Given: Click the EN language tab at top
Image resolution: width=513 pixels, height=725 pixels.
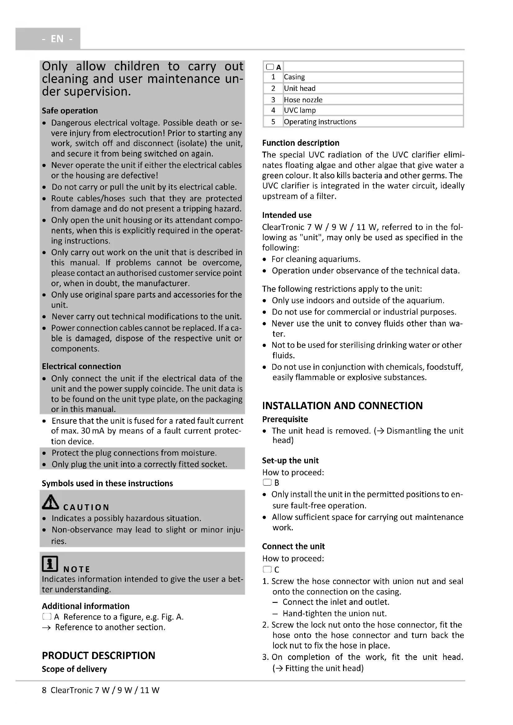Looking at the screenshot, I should click(x=57, y=39).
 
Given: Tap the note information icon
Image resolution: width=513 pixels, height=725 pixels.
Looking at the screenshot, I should click(x=50, y=564).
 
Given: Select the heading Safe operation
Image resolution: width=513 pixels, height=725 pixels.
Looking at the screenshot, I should click(x=70, y=111).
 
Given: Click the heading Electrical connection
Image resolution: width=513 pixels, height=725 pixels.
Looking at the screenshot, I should click(x=82, y=366).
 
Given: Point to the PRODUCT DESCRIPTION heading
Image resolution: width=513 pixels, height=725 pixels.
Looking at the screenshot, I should click(x=99, y=656).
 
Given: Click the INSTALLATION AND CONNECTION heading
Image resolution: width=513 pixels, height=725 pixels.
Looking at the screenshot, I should click(x=342, y=406).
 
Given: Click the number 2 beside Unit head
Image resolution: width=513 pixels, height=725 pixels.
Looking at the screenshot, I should click(x=273, y=88).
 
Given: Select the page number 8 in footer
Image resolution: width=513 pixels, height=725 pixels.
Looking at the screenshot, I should click(x=44, y=690).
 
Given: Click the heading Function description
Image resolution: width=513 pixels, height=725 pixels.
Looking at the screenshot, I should click(x=301, y=143).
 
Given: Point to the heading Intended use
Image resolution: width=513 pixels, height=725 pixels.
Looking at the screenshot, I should click(x=287, y=215).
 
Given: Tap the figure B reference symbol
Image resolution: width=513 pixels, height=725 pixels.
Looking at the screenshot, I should click(x=267, y=483).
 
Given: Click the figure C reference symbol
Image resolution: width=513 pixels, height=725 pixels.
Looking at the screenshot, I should click(x=267, y=569).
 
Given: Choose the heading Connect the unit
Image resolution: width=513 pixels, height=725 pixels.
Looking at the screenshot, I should click(x=293, y=546).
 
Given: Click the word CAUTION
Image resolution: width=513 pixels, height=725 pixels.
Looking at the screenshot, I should click(x=86, y=507).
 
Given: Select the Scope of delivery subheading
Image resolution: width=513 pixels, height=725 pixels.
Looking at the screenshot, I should click(x=74, y=669).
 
